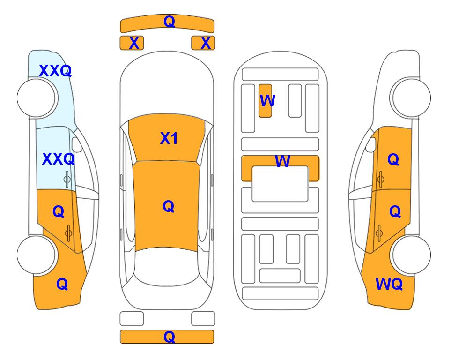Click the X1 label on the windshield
(x=169, y=138)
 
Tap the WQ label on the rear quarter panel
(x=389, y=284)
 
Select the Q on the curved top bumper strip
(x=169, y=21)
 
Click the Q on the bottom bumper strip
(x=169, y=337)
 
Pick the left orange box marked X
(x=132, y=43)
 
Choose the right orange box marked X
(x=203, y=43)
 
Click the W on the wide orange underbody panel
(x=282, y=161)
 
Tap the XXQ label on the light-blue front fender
(x=55, y=71)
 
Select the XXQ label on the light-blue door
(x=59, y=159)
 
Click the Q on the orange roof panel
(x=168, y=206)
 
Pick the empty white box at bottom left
(x=132, y=319)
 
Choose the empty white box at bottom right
(x=203, y=319)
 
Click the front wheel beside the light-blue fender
(x=37, y=98)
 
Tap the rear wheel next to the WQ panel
(x=411, y=255)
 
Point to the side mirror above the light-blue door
(x=76, y=145)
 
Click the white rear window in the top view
(x=166, y=267)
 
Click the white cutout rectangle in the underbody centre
(x=280, y=184)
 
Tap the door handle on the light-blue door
(x=67, y=180)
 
